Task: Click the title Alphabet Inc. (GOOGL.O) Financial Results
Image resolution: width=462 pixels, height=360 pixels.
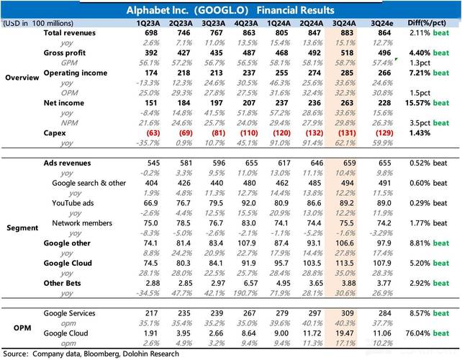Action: coord(230,10)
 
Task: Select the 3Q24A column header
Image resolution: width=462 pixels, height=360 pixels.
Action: coord(341,24)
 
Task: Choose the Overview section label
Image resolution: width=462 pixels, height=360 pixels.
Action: coord(22,77)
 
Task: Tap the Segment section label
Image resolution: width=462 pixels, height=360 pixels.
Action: coord(22,228)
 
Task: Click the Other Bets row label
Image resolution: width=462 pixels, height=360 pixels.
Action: coord(63,284)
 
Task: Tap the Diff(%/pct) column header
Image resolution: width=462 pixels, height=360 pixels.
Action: coord(429,24)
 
